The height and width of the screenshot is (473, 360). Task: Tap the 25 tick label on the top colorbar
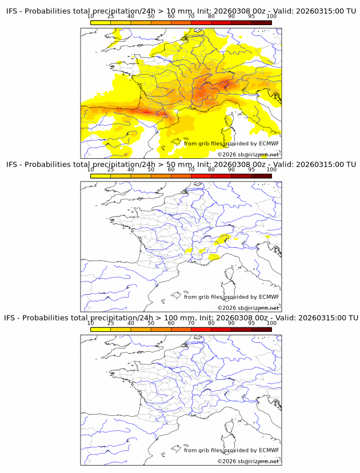click(x=110, y=16)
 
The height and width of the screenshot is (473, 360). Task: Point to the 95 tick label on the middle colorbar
click(x=251, y=169)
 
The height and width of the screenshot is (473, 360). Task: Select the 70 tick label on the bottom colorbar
click(x=191, y=323)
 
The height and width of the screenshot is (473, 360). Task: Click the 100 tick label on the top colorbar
click(x=271, y=16)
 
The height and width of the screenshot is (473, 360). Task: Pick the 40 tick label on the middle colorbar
click(x=131, y=169)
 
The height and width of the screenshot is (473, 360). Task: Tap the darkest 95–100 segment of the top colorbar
click(x=261, y=22)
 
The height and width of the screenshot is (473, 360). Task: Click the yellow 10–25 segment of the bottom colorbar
click(x=101, y=329)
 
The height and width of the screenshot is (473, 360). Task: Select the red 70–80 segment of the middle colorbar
click(x=201, y=176)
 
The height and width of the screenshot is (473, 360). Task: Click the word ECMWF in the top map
click(x=269, y=144)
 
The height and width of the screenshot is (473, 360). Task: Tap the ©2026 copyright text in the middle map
click(x=227, y=308)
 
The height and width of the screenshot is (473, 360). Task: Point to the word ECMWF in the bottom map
click(x=269, y=450)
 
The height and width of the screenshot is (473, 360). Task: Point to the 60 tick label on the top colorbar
click(x=171, y=16)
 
